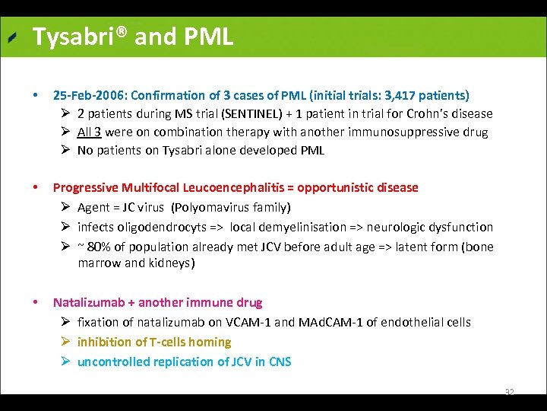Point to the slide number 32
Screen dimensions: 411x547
pyautogui.click(x=509, y=392)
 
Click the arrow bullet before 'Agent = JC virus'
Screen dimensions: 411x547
pyautogui.click(x=66, y=207)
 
